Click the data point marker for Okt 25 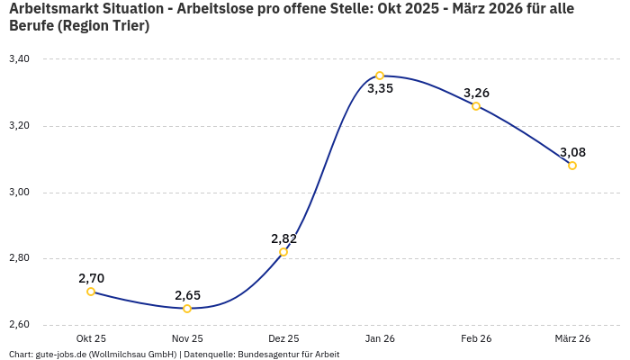91,292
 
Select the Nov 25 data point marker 187,309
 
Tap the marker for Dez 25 283,252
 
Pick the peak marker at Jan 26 380,76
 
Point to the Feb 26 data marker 476,106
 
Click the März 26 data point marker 572,166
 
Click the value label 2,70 91,278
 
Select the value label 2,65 187,295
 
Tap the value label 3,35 380,89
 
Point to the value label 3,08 572,152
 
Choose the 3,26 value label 476,93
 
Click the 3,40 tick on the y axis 19,59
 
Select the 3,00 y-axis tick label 19,193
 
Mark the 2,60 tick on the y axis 19,325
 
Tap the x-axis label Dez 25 283,338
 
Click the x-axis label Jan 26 380,338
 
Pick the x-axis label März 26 572,338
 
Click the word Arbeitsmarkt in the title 52,9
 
